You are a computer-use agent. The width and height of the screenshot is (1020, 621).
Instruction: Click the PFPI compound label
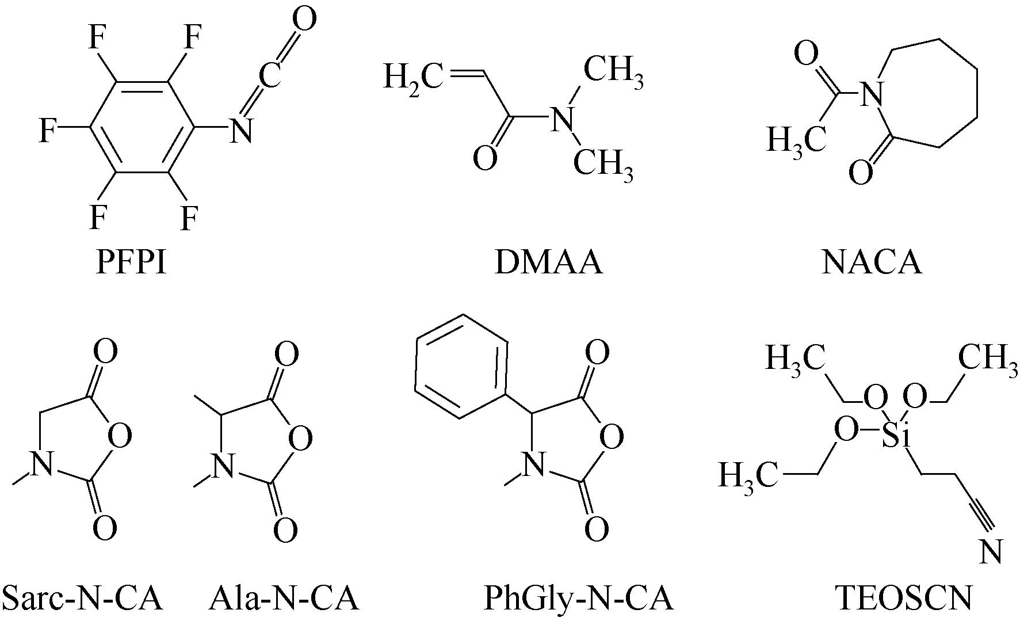pyautogui.click(x=131, y=263)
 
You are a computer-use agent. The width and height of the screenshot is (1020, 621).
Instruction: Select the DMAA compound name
pyautogui.click(x=548, y=263)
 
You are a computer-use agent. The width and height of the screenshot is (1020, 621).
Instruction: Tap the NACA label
pyautogui.click(x=872, y=263)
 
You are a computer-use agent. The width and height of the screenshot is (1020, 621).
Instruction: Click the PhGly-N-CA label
pyautogui.click(x=578, y=599)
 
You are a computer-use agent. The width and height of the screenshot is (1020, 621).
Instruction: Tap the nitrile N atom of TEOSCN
pyautogui.click(x=991, y=551)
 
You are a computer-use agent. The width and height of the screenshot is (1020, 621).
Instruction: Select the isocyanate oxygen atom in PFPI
pyautogui.click(x=304, y=20)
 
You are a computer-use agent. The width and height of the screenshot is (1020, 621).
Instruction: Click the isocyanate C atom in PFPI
pyautogui.click(x=269, y=74)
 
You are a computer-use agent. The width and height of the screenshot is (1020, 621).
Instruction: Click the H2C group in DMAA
pyautogui.click(x=412, y=77)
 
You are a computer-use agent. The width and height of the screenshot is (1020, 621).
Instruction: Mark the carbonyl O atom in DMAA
pyautogui.click(x=485, y=158)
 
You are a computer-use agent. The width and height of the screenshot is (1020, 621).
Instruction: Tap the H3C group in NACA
pyautogui.click(x=797, y=140)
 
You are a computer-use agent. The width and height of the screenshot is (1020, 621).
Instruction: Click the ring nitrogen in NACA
pyautogui.click(x=871, y=92)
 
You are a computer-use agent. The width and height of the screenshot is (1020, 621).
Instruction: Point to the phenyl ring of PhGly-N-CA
pyautogui.click(x=462, y=366)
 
